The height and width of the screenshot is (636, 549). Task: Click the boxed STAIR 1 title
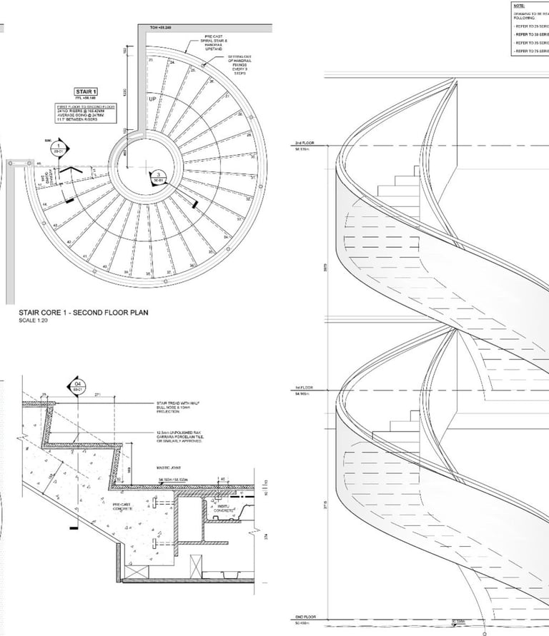(x=86, y=91)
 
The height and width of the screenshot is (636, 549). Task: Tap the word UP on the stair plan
(x=152, y=99)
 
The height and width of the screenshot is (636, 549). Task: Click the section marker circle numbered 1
(x=59, y=147)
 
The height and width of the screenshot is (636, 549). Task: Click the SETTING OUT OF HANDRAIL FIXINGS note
(x=239, y=64)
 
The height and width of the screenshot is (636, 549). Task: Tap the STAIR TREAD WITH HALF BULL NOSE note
(x=177, y=407)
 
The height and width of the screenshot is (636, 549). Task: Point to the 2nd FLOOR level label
(x=305, y=143)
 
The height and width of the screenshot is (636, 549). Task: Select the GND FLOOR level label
(x=305, y=616)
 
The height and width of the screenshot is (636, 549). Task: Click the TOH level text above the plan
(x=162, y=27)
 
